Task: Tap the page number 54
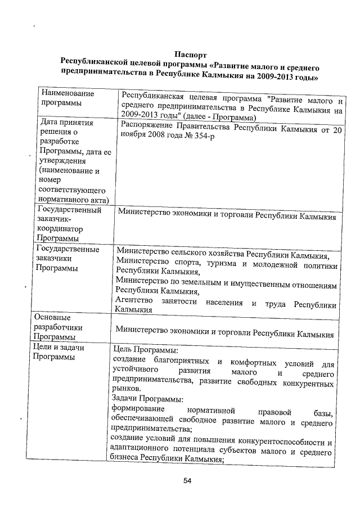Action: click(x=189, y=481)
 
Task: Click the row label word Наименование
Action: click(x=67, y=93)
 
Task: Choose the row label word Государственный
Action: click(x=68, y=211)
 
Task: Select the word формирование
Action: click(x=138, y=409)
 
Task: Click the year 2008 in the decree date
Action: click(x=159, y=138)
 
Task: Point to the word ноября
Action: click(x=133, y=138)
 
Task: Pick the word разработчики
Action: click(x=59, y=327)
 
